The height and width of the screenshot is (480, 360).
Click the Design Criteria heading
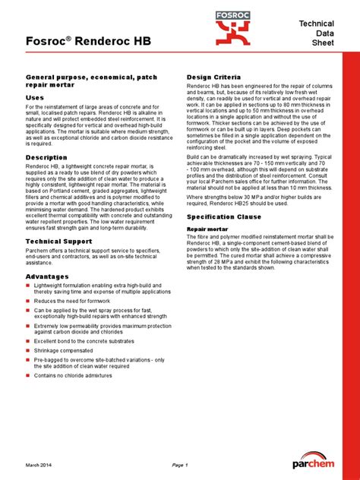[x=214, y=77]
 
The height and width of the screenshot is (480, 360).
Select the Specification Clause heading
[x=226, y=216]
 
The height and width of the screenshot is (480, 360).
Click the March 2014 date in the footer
[x=41, y=464]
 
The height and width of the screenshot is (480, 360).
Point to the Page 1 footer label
[x=180, y=464]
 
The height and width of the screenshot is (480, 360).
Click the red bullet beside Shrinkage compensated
[x=28, y=352]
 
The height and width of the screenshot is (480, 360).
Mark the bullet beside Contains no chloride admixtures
[x=28, y=375]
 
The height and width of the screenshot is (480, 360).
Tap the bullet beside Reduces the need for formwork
[x=28, y=300]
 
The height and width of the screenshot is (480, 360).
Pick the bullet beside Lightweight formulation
[x=28, y=286]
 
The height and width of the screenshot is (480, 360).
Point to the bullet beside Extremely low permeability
[x=28, y=326]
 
